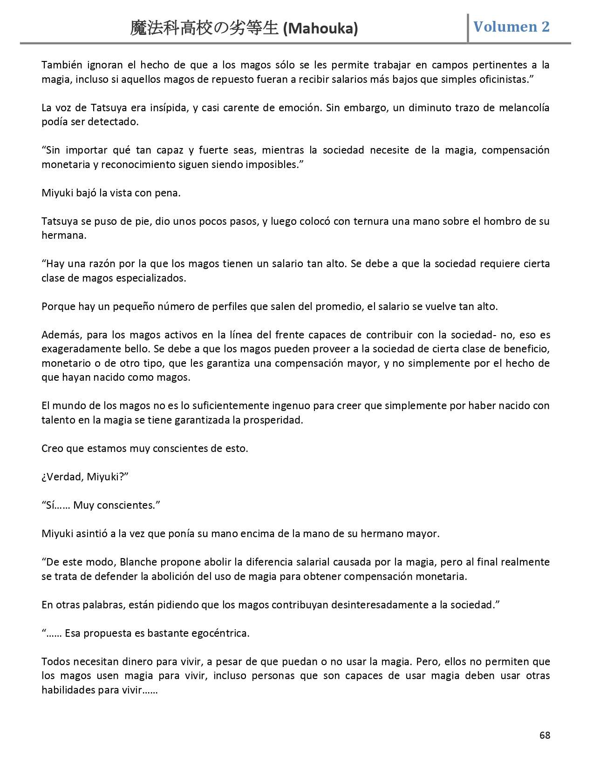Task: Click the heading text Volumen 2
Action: pos(512,27)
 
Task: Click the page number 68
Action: pos(545,735)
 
